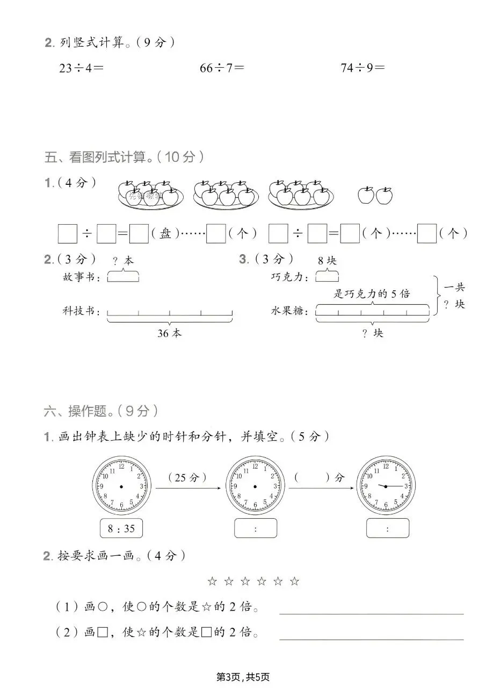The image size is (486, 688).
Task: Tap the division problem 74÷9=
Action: pyautogui.click(x=363, y=68)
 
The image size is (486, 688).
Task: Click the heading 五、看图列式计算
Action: pyautogui.click(x=124, y=157)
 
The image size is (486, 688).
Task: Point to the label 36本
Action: pyautogui.click(x=169, y=333)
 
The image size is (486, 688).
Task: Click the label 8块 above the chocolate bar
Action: pyautogui.click(x=327, y=261)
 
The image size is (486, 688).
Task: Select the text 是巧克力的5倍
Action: pyautogui.click(x=372, y=293)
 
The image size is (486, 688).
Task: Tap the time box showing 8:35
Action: pyautogui.click(x=121, y=528)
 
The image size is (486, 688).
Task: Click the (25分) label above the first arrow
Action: pyautogui.click(x=187, y=477)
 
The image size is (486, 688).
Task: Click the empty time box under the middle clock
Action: pyautogui.click(x=256, y=528)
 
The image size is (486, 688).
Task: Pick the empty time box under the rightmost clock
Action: pyautogui.click(x=388, y=528)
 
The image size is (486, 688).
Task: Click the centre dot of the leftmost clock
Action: pyautogui.click(x=121, y=486)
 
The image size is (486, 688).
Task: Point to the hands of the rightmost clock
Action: pyautogui.click(x=392, y=486)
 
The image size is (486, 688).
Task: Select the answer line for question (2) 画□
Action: pyautogui.click(x=371, y=639)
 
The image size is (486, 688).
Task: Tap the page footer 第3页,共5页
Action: pyautogui.click(x=243, y=677)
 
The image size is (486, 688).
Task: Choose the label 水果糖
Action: pyautogui.click(x=290, y=311)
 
